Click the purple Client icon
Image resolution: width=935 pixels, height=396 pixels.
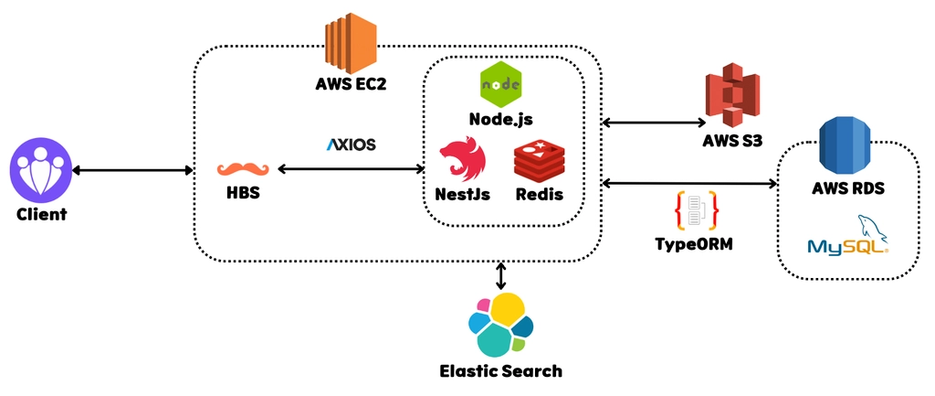click(40, 169)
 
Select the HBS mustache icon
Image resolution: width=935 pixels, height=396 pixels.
click(243, 169)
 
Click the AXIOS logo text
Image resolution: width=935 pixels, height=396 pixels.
click(352, 144)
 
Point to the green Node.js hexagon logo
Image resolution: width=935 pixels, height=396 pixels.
click(501, 83)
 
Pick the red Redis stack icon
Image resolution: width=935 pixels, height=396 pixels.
click(539, 159)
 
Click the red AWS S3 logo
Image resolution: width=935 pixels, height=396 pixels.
click(732, 96)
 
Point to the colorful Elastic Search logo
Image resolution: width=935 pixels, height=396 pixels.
click(501, 324)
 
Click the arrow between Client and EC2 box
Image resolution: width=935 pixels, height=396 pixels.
click(132, 171)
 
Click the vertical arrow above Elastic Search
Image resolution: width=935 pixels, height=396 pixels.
click(501, 276)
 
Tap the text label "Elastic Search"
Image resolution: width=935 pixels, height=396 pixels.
click(501, 371)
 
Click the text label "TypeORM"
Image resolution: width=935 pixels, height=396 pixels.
click(694, 244)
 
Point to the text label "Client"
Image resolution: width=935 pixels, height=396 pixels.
click(41, 214)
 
